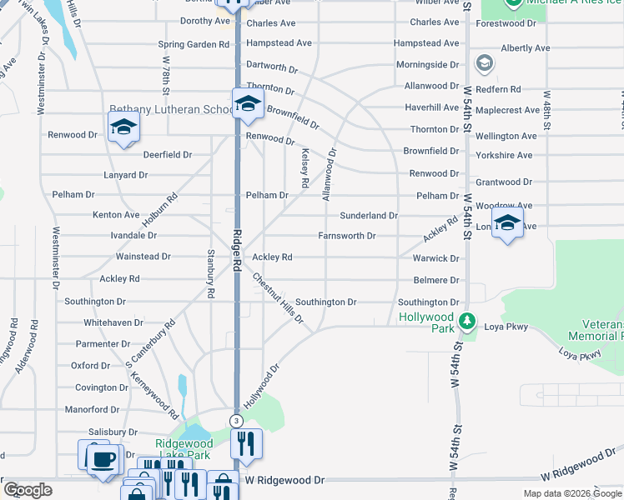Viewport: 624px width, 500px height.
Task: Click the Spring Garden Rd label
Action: click(194, 43)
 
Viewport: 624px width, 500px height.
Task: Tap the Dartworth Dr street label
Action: click(272, 67)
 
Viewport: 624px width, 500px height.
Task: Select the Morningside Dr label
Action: click(427, 64)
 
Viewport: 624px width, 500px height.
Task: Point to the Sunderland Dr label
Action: click(368, 215)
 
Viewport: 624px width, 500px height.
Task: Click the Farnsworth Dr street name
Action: click(347, 236)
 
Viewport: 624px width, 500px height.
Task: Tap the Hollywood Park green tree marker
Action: click(469, 321)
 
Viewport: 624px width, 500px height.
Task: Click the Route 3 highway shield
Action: click(237, 421)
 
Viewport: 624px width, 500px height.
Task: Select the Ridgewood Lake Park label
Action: click(183, 450)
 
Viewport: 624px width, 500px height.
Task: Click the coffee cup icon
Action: click(103, 457)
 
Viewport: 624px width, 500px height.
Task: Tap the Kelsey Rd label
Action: click(305, 167)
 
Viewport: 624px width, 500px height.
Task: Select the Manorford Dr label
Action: click(93, 409)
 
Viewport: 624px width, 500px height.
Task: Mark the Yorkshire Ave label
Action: click(504, 155)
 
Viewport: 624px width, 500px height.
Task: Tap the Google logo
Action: click(28, 490)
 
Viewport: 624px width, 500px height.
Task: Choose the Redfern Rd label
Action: click(498, 89)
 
